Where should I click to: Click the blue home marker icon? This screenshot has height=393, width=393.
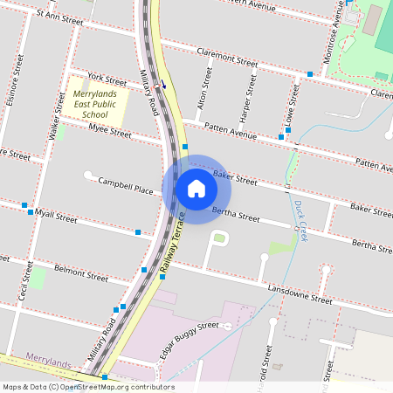coord(196,188)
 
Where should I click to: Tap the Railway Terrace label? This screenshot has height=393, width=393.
coord(174,245)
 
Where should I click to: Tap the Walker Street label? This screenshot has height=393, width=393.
coord(58,117)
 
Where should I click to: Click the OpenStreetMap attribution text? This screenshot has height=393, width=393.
coord(88,386)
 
